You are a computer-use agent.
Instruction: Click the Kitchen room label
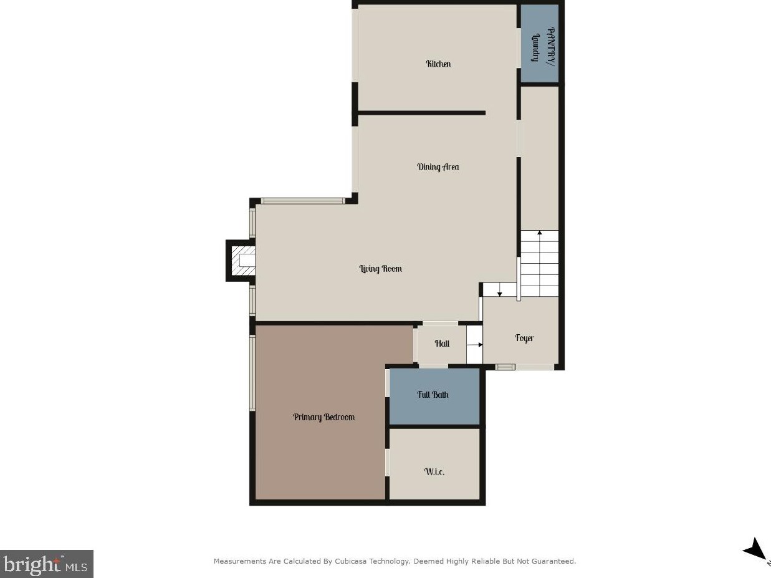click(438, 64)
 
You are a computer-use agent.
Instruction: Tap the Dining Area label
click(438, 167)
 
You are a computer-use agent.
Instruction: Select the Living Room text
click(380, 269)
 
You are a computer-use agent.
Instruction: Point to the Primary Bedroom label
click(324, 417)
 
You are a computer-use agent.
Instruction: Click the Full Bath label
click(433, 395)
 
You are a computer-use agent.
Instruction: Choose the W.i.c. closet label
click(434, 471)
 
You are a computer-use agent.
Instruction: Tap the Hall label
click(442, 344)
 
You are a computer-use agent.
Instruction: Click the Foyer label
click(524, 338)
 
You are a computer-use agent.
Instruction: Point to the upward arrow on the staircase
click(540, 233)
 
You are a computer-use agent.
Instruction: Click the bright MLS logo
click(46, 564)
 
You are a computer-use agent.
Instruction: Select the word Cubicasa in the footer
click(363, 562)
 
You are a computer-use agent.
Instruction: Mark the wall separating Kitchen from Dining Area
click(421, 113)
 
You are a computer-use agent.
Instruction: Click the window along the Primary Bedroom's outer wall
click(252, 373)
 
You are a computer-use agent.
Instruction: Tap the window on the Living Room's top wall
click(303, 201)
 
